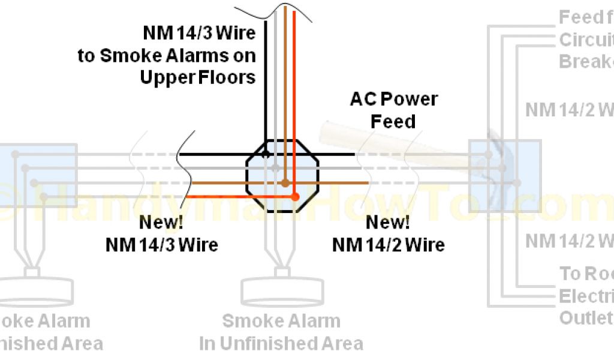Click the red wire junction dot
coord(294,197)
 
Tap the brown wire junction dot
coord(286,183)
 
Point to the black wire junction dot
coord(264,155)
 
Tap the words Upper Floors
coord(198,77)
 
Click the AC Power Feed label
coord(393,110)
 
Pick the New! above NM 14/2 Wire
coord(388,223)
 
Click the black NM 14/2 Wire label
coord(388,245)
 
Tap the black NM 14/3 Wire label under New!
coord(161,245)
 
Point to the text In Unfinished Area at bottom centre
coord(281,343)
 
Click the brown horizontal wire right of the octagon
coord(342,182)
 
